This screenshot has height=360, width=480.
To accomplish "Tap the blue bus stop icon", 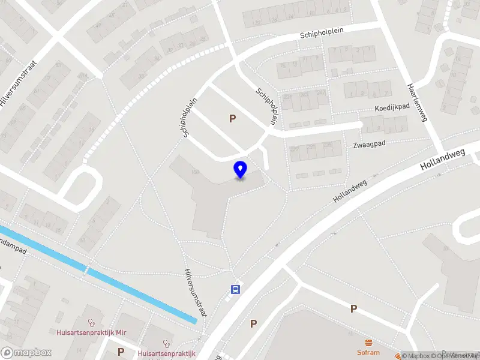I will pyautogui.click(x=236, y=289).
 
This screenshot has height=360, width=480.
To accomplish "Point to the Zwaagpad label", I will pyautogui.click(x=370, y=144).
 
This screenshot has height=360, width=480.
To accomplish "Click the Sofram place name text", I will pyautogui.click(x=368, y=352).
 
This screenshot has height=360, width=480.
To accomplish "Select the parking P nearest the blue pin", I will pyautogui.click(x=232, y=118).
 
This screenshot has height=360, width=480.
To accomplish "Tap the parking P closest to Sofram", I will pyautogui.click(x=353, y=308).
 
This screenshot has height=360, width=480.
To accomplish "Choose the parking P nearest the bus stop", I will pyautogui.click(x=253, y=323).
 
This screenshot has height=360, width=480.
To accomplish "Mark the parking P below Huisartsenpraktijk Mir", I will pyautogui.click(x=121, y=352).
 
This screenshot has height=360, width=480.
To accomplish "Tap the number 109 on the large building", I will pyautogui.click(x=195, y=173).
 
